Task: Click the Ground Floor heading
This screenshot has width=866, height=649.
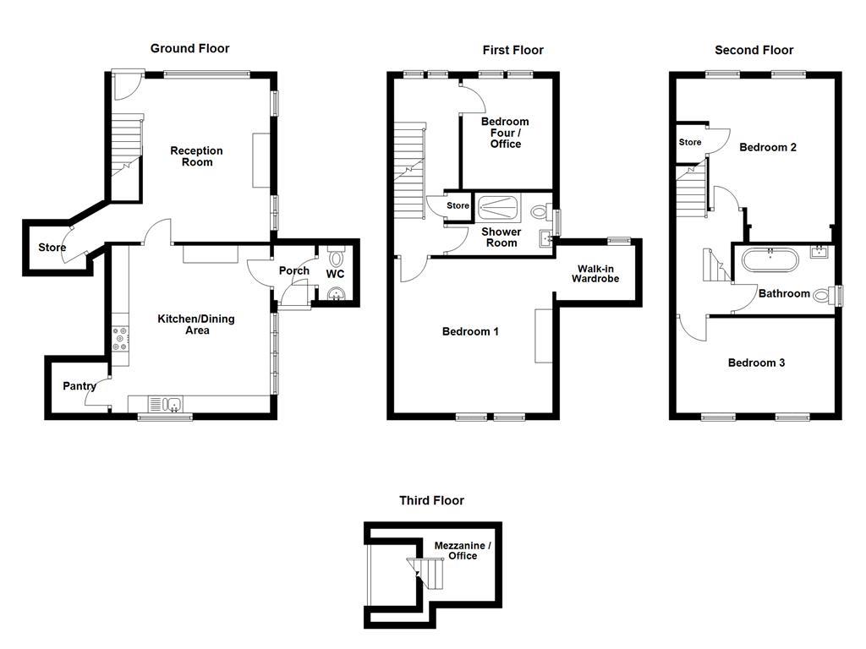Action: click(189, 48)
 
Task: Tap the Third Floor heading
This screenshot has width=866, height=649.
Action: click(431, 500)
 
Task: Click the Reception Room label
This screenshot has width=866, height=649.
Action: click(196, 156)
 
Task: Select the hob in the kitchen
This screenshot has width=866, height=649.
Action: click(120, 338)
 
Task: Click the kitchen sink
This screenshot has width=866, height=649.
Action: click(167, 405)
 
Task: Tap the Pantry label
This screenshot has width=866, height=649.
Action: click(79, 385)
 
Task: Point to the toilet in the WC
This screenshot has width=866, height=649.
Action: click(336, 256)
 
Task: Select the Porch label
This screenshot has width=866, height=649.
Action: click(293, 271)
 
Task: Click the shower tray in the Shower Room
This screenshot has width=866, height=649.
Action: click(498, 209)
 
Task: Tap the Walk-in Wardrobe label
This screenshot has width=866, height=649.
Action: click(595, 274)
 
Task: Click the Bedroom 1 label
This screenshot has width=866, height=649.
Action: click(470, 331)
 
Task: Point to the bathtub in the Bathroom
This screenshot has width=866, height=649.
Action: click(770, 260)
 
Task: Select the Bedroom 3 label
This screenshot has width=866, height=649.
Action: click(756, 363)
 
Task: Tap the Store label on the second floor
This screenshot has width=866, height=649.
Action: click(690, 142)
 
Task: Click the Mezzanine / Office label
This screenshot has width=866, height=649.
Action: click(463, 551)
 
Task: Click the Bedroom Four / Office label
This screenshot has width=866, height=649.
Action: click(506, 133)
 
